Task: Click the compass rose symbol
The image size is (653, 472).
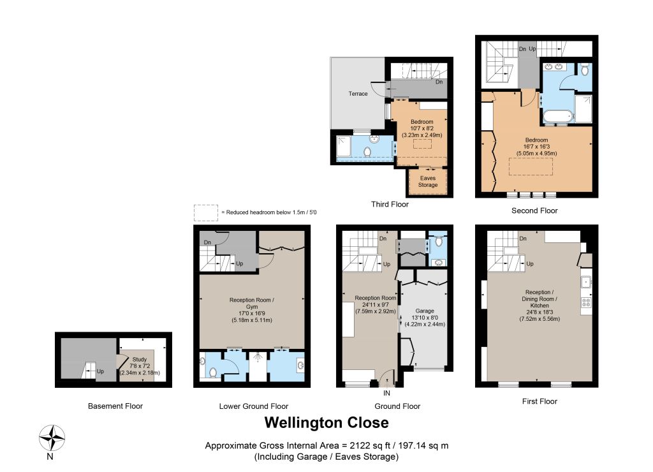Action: pos(52,438)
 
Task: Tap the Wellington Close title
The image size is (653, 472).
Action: pos(326,422)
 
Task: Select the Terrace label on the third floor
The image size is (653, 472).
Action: pos(358,94)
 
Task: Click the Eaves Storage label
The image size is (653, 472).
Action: pos(428,181)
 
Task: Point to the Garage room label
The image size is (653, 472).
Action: pos(425,311)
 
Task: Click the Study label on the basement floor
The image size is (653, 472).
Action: pos(140,359)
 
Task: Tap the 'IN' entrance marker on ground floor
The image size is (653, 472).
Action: pos(386,393)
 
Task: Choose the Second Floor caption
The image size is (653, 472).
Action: pos(534,210)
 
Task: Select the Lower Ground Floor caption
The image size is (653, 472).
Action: pos(254,406)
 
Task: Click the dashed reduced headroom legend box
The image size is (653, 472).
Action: pos(206,212)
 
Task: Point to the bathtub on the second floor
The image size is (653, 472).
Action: pos(558,116)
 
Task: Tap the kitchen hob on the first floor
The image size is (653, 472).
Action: pos(586,302)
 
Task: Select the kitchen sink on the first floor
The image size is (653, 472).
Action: pos(586,282)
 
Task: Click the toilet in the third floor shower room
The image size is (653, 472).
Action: pos(367,152)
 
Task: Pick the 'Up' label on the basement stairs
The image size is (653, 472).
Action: pos(100,371)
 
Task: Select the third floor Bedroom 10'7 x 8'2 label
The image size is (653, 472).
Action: pos(422,128)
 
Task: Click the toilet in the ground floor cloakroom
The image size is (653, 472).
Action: pos(438,241)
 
